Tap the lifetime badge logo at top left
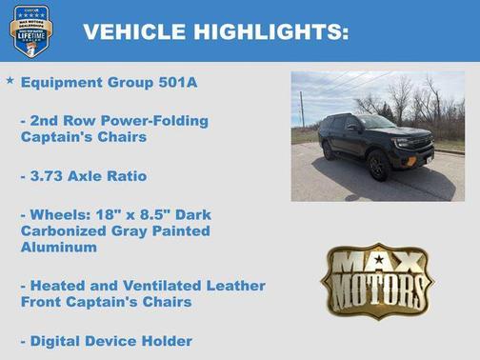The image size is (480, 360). tap(30, 30)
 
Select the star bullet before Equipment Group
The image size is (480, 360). tap(10, 81)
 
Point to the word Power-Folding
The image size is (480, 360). tap(160, 121)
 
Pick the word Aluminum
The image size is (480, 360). tap(59, 247)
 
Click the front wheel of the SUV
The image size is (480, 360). tap(378, 167)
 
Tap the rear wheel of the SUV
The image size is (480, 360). tap(329, 150)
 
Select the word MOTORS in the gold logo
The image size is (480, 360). tap(376, 291)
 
